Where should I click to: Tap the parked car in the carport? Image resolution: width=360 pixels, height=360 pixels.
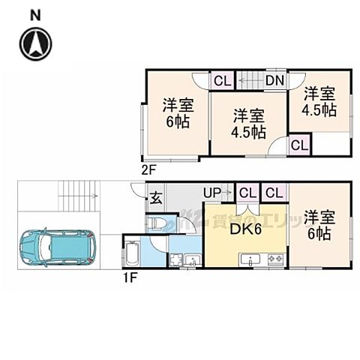[x=58, y=247]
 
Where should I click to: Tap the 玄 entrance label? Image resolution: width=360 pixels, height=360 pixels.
[x=157, y=198]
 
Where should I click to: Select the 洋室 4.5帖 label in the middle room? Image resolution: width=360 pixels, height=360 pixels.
[x=247, y=123]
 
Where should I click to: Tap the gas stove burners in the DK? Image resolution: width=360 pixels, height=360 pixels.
[x=273, y=260]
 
